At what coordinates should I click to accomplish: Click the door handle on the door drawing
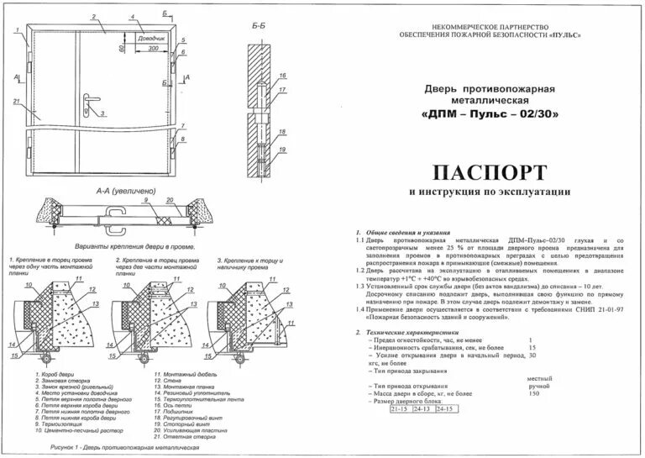(x=88, y=104)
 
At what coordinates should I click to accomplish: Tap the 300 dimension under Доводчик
(x=151, y=49)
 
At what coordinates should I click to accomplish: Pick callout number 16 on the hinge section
(x=283, y=76)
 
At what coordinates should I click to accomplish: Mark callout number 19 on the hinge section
(x=283, y=149)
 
